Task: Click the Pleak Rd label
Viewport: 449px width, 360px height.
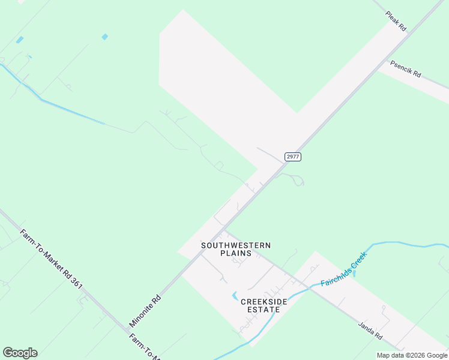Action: (x=396, y=20)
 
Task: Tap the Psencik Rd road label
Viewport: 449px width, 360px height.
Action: (x=406, y=69)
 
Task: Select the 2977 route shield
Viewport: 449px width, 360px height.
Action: (x=292, y=157)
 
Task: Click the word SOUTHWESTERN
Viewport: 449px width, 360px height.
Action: (x=236, y=245)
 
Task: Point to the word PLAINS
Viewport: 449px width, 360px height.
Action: (x=236, y=253)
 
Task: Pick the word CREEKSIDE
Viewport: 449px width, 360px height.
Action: (x=264, y=301)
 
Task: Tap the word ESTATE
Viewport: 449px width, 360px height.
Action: (x=264, y=310)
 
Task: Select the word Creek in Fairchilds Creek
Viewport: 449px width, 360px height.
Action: (x=358, y=260)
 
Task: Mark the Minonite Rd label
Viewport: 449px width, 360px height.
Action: (x=145, y=310)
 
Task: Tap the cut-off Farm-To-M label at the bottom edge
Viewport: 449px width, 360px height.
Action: (x=144, y=347)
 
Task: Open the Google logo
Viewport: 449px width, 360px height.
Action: (x=20, y=353)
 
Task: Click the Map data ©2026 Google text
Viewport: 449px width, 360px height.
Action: (x=412, y=355)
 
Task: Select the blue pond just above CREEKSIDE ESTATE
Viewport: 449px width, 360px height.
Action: (x=235, y=296)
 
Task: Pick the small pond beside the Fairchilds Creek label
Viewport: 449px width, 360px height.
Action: (x=354, y=274)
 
